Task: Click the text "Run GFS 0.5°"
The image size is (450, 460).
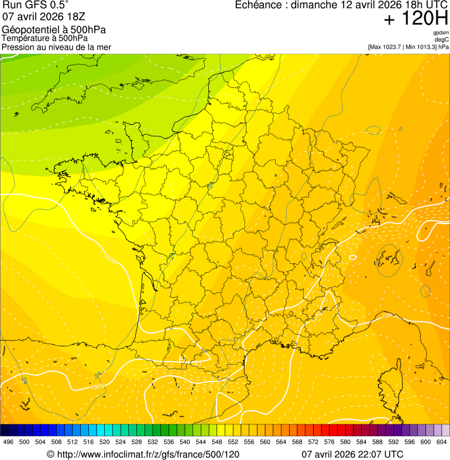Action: (x=36, y=5)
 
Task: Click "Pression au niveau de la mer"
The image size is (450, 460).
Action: (x=56, y=47)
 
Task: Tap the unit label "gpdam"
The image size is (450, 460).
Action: (x=441, y=33)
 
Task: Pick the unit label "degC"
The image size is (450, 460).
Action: (x=442, y=40)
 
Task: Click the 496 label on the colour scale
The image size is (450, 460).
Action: (x=8, y=442)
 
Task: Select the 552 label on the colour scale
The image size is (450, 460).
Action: (x=233, y=442)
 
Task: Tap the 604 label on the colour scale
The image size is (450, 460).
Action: (x=441, y=442)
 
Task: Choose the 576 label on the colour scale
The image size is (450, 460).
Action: (x=329, y=442)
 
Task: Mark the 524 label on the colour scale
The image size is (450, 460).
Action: (x=121, y=442)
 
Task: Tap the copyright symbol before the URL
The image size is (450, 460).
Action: (x=50, y=454)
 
